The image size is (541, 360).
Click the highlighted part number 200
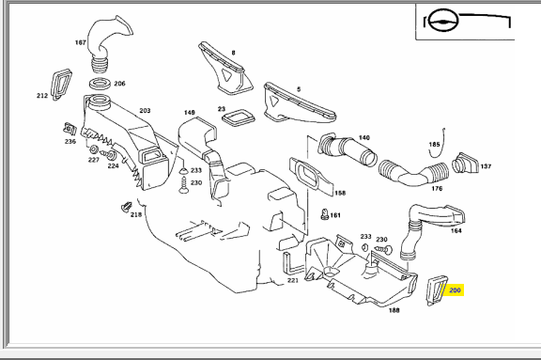[x=455, y=290]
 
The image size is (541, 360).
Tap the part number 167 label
[x=81, y=42]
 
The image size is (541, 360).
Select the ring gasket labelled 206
[x=100, y=84]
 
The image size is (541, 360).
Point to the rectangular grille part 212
[x=61, y=85]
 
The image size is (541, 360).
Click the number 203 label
[x=145, y=111]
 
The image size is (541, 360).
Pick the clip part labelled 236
[x=70, y=129]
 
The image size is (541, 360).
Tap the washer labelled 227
[x=94, y=149]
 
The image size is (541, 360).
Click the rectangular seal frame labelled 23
[x=238, y=117]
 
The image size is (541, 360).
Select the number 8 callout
[x=234, y=53]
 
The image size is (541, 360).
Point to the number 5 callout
[x=299, y=89]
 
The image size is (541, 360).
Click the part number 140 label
[x=364, y=138]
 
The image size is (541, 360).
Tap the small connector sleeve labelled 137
[x=465, y=163]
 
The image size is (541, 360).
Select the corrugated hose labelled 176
[x=413, y=173]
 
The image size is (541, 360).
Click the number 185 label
[x=434, y=145]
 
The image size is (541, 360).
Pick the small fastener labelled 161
[x=324, y=214]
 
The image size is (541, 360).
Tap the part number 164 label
[x=456, y=230]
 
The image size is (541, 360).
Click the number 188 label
[x=394, y=310]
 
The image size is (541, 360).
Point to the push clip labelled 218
[x=126, y=207]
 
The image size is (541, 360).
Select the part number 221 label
[x=293, y=280]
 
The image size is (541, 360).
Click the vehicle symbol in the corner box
[x=443, y=21]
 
